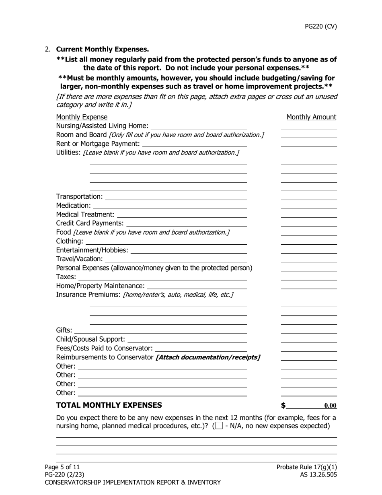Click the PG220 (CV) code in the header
point(320,27)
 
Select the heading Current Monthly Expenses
point(102,49)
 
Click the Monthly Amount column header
point(311,117)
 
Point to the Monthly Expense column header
point(82,117)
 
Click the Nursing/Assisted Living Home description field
point(199,126)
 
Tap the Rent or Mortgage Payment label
point(98,144)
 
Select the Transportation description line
point(176,197)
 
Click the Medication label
point(73,206)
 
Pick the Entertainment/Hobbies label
point(92,250)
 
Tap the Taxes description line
point(162,277)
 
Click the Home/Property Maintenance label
point(100,286)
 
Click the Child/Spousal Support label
point(90,339)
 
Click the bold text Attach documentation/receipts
point(207,357)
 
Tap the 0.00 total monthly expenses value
point(330,406)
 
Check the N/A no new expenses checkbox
point(219,426)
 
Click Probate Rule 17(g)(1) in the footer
point(306,467)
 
